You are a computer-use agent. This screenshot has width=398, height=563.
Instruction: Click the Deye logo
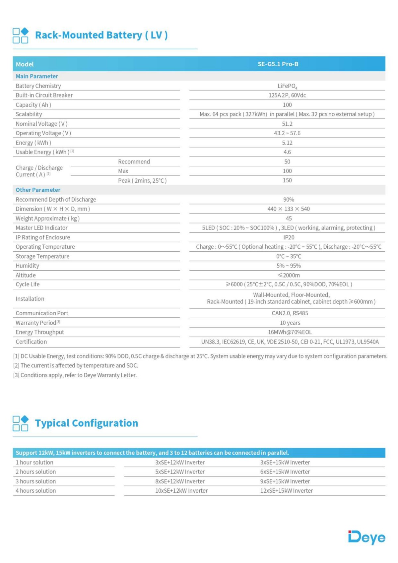(x=366, y=537)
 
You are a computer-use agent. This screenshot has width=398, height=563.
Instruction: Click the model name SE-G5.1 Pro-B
(x=278, y=64)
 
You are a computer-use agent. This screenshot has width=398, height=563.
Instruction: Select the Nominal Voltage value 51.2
(x=287, y=124)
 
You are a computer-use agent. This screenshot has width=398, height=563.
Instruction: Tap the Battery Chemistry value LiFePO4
(x=287, y=86)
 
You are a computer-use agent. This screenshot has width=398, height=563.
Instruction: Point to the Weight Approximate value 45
(x=289, y=219)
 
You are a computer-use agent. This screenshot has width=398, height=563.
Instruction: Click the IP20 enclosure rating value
(x=289, y=237)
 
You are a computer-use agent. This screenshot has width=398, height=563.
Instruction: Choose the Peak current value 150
(x=287, y=180)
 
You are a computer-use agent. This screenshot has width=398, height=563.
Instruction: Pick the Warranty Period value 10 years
(x=290, y=323)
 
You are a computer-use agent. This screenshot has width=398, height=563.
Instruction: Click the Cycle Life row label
(x=28, y=284)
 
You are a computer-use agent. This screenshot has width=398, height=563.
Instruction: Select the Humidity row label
(x=27, y=266)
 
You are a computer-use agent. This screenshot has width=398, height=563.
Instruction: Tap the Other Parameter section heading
(x=38, y=190)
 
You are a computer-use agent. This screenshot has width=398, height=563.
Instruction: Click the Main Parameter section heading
(x=37, y=76)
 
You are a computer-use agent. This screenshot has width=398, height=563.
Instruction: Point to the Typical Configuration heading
(x=87, y=423)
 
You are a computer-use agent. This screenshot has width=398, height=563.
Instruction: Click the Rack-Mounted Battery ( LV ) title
(x=101, y=35)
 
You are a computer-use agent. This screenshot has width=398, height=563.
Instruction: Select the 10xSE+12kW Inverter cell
(x=181, y=491)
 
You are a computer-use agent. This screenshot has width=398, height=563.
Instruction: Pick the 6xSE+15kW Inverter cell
(x=285, y=472)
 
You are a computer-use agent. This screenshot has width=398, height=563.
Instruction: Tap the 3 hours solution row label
(x=36, y=481)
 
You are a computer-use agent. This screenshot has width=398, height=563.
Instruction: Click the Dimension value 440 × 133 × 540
(x=289, y=209)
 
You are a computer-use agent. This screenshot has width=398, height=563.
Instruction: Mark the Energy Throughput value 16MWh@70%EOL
(x=290, y=332)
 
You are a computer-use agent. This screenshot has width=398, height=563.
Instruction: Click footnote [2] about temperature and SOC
(x=76, y=365)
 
